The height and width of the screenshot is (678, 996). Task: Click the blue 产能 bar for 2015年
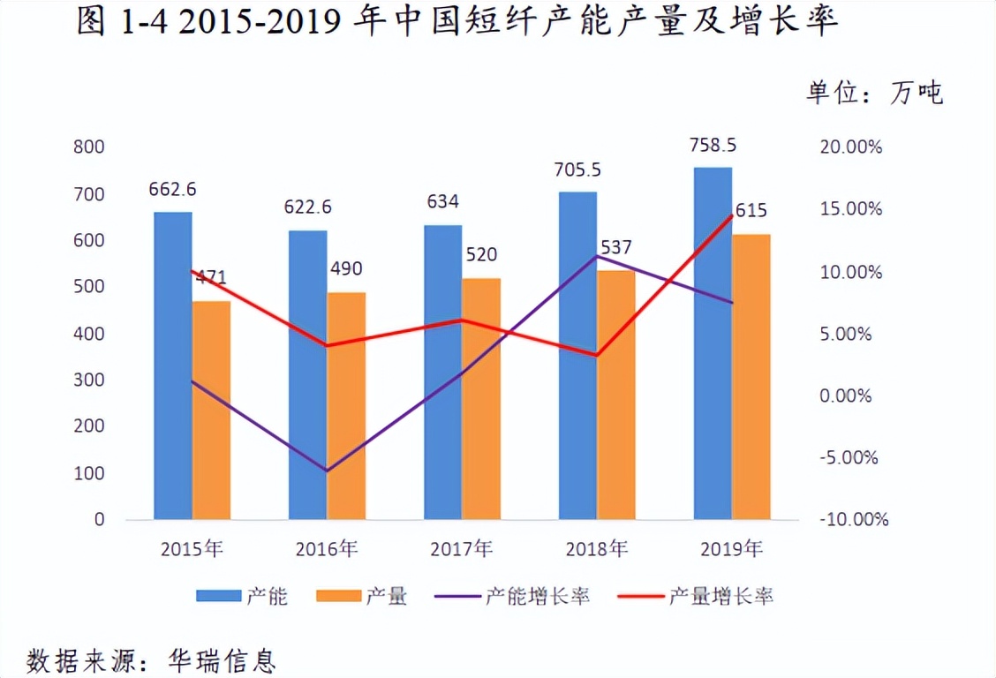(x=172, y=365)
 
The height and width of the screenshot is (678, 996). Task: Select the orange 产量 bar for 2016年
(x=345, y=406)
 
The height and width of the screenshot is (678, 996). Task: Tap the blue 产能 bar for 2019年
(x=713, y=343)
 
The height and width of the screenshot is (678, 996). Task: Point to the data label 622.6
(x=307, y=207)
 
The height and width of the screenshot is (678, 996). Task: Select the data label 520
(x=481, y=255)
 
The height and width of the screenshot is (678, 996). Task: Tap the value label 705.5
(x=578, y=169)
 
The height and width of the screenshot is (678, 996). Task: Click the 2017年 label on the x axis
(x=462, y=548)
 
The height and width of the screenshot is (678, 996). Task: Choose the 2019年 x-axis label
(x=732, y=548)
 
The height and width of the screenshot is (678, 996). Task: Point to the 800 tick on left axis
(x=88, y=147)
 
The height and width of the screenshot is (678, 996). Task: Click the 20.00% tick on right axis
(x=850, y=147)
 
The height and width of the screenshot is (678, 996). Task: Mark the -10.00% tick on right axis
(x=853, y=520)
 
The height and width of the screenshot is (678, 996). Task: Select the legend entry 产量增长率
(x=721, y=596)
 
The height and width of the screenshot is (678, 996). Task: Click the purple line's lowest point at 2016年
(x=327, y=471)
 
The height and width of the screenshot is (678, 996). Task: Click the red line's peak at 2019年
(x=731, y=215)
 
